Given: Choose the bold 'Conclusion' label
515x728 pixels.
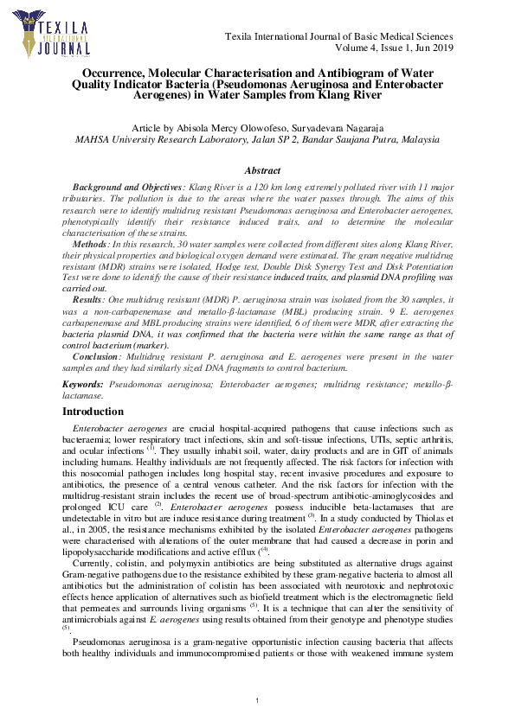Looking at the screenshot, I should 95,355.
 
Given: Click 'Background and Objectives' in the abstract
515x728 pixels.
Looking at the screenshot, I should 127,187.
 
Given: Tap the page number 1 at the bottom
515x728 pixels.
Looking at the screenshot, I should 258,699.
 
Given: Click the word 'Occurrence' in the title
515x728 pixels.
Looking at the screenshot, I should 119,73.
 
